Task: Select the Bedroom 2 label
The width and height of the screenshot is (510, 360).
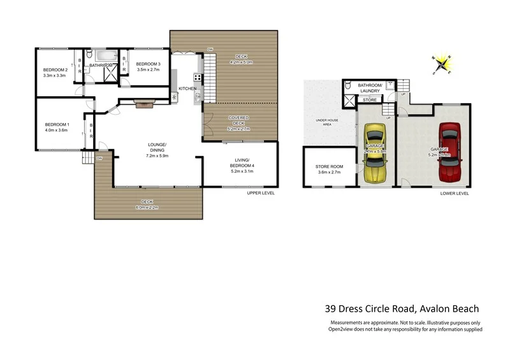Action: coord(55,69)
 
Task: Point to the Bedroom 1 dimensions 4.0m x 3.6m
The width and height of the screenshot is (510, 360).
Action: coord(56,130)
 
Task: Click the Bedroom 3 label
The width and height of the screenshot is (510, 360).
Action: coord(148,64)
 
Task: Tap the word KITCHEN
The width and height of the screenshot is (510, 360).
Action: coord(187,88)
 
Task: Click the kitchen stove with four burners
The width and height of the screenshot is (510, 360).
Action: coord(198,78)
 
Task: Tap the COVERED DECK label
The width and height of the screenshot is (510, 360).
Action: coord(240,121)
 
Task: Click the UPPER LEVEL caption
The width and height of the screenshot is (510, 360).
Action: coord(261,192)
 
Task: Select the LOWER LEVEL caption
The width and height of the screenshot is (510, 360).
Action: coord(455,192)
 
